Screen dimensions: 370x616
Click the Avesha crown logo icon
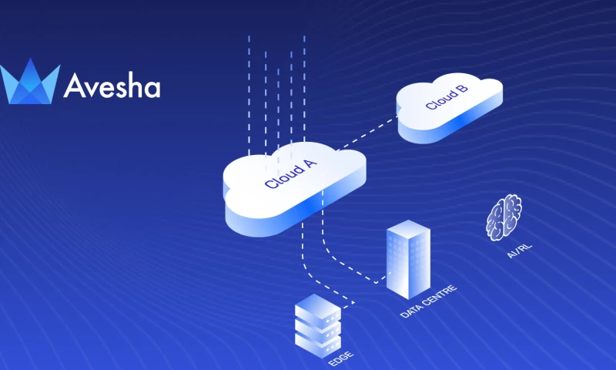[30, 82]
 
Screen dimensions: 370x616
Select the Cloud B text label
[447, 98]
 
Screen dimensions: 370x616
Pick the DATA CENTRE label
[429, 301]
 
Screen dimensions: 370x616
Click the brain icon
[504, 217]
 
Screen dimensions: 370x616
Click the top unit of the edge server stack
[318, 313]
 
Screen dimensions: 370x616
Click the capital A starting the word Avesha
[75, 86]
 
